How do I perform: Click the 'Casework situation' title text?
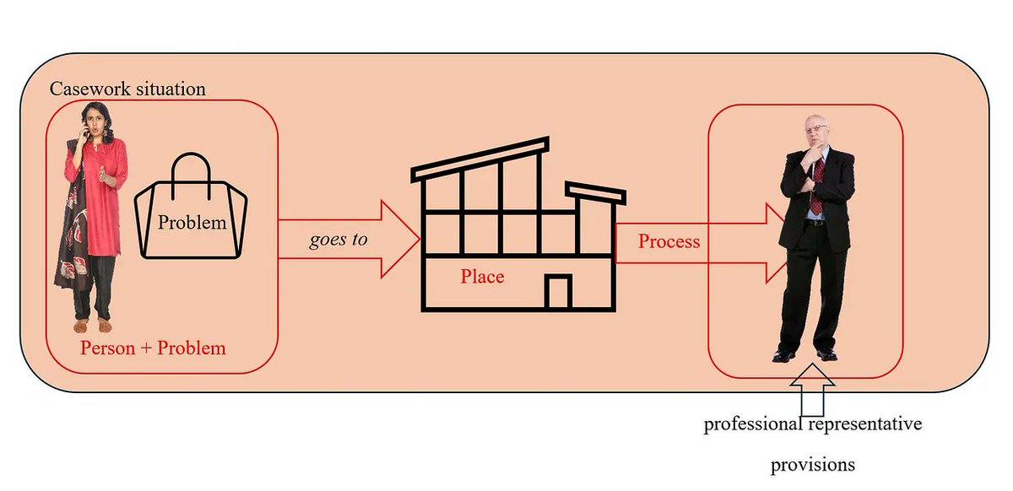[127, 89]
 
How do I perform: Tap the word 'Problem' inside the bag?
[192, 223]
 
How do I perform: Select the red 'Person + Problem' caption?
[153, 348]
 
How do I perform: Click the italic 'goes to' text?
[339, 240]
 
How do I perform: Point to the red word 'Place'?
[482, 276]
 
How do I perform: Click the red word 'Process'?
[669, 241]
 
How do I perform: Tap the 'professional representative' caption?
[813, 424]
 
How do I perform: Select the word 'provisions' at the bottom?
[813, 465]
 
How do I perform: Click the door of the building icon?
[558, 291]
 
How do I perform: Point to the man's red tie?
[817, 186]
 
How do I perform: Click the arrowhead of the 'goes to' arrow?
[401, 239]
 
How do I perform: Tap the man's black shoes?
[806, 354]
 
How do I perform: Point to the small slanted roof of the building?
[595, 193]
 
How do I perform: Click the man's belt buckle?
[815, 223]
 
